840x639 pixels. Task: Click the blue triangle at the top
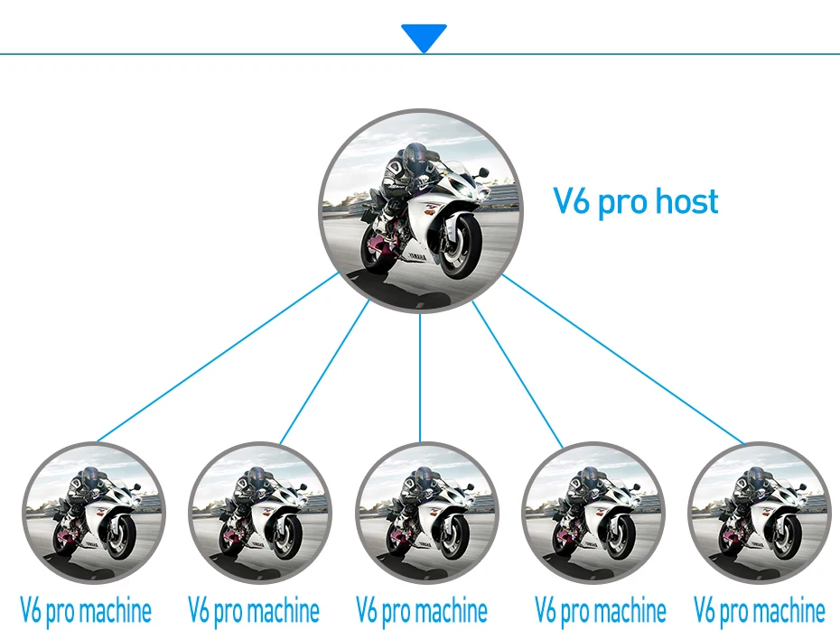(x=424, y=37)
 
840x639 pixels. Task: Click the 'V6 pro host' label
(x=636, y=200)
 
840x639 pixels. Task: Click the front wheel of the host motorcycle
(x=458, y=246)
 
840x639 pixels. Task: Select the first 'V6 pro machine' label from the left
(x=86, y=611)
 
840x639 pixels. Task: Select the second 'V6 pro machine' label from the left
(x=254, y=611)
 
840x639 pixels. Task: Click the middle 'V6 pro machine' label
(x=422, y=611)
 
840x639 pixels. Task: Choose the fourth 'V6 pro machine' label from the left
(x=601, y=611)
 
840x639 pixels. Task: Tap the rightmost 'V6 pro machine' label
(x=760, y=611)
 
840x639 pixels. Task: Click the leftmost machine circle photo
(x=93, y=513)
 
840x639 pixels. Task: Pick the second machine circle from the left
(x=260, y=513)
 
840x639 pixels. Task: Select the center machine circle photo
(x=426, y=513)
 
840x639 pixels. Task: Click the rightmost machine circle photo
(x=760, y=513)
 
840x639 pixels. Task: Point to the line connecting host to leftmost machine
(x=217, y=358)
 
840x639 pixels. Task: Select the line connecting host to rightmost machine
(x=623, y=359)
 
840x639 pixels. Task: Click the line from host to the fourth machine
(x=517, y=375)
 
